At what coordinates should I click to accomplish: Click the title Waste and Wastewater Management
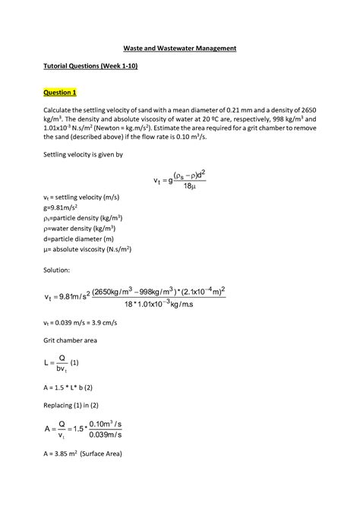tap(180, 48)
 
